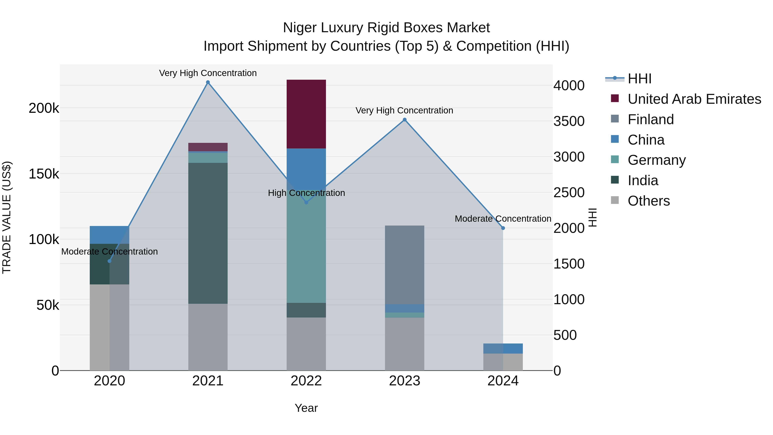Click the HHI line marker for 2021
pyautogui.click(x=208, y=82)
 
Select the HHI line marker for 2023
pyautogui.click(x=405, y=120)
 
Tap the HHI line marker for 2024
pyautogui.click(x=503, y=228)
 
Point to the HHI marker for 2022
pyautogui.click(x=306, y=203)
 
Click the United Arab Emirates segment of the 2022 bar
pyautogui.click(x=306, y=114)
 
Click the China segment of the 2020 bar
pyautogui.click(x=109, y=235)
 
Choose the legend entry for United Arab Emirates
pyautogui.click(x=694, y=99)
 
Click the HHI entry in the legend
pyautogui.click(x=639, y=79)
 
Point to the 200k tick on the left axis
pyautogui.click(x=44, y=108)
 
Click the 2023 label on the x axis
pyautogui.click(x=405, y=381)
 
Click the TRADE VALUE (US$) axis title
pyautogui.click(x=7, y=217)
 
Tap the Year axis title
pyautogui.click(x=306, y=408)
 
